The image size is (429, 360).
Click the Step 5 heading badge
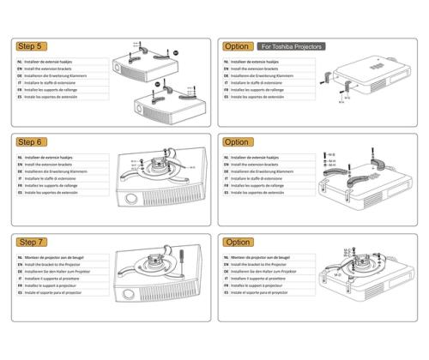pos(32,45)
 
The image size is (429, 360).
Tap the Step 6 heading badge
pos(32,142)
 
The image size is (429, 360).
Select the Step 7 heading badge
pos(32,242)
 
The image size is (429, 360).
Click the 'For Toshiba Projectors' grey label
pos(286,45)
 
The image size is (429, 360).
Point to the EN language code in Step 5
pos(21,71)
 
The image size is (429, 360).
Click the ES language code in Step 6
pos(21,194)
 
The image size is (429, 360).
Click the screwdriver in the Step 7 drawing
pos(182,260)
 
